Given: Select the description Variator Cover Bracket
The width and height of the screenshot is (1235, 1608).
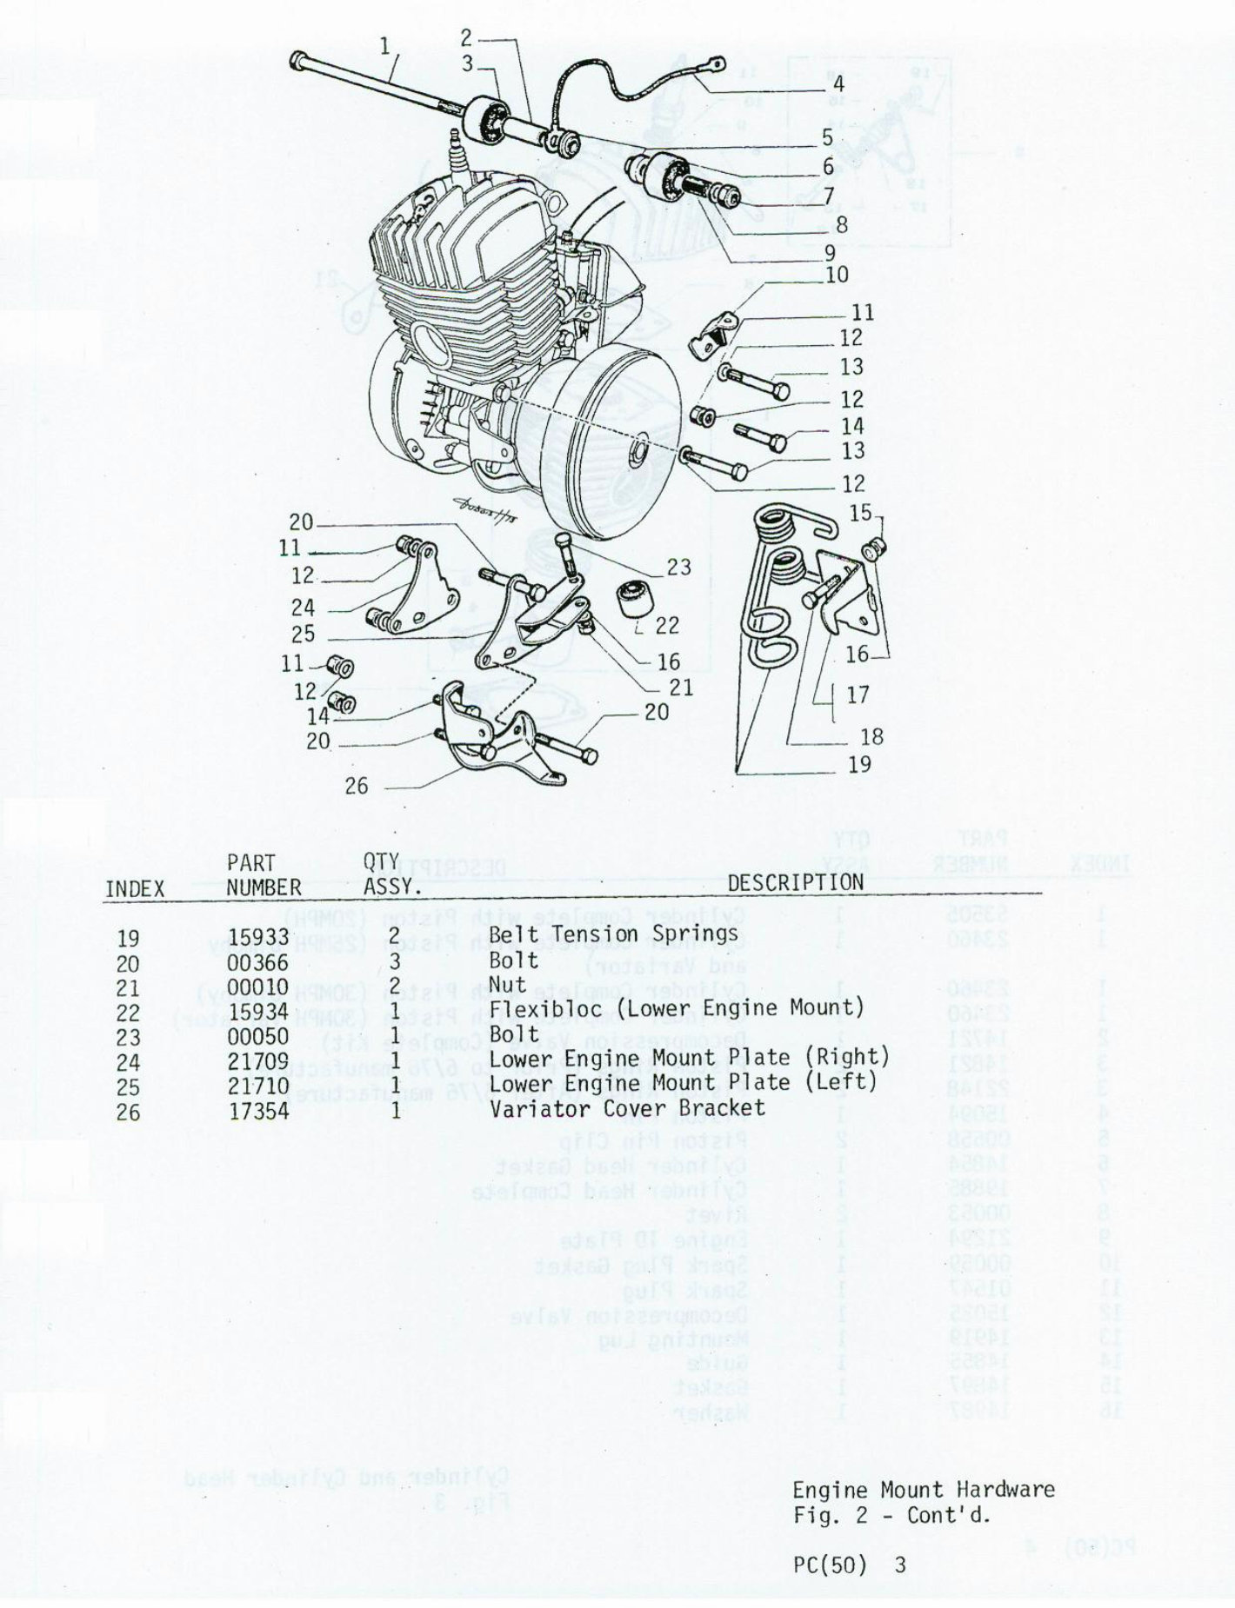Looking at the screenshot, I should (627, 1107).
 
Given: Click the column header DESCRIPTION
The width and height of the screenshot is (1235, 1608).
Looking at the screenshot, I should (795, 881).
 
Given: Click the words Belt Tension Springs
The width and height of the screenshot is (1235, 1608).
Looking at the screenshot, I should (613, 934).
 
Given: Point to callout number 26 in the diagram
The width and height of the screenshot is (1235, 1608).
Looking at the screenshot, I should (357, 786).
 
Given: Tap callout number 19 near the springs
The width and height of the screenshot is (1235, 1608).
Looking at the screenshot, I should (859, 764).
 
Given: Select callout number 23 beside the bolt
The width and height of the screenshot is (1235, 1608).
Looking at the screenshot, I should (679, 567).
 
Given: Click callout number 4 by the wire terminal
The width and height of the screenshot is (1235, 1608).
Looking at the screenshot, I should (838, 84).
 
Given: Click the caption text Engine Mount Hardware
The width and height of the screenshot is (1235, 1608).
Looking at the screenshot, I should (923, 1490).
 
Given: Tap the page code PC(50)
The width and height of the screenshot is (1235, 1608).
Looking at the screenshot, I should (830, 1565).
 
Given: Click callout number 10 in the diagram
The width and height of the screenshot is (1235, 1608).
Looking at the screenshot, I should (837, 276).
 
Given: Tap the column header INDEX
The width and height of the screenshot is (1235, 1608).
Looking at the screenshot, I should (134, 888).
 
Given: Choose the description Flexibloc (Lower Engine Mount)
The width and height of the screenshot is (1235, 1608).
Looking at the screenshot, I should (677, 1008).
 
